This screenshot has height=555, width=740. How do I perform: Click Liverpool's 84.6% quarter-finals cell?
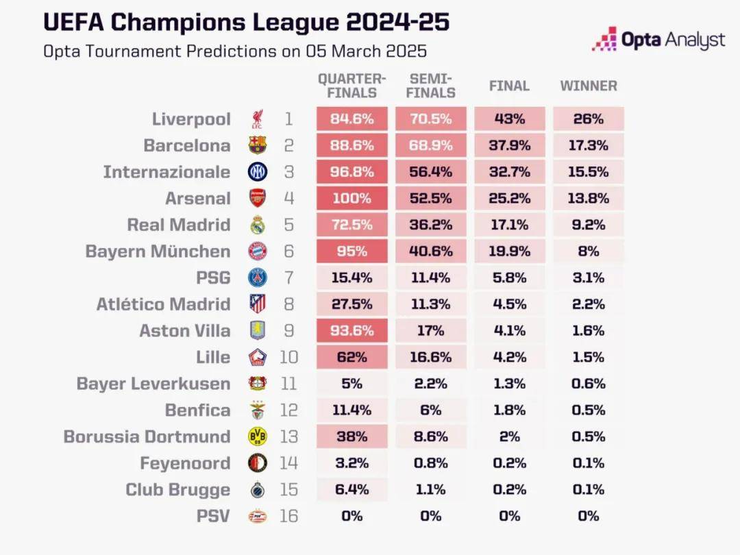352,119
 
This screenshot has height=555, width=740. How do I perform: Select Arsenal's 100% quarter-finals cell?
352,199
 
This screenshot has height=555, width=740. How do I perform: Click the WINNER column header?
589,86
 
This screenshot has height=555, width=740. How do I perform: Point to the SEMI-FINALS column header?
430,86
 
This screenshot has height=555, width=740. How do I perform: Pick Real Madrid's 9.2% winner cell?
589,225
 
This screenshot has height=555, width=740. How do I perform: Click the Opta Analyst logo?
658,40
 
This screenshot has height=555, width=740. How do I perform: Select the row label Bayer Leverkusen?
153,384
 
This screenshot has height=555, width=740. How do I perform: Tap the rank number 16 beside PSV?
289,516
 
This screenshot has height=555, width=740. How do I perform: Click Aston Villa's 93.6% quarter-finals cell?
352,331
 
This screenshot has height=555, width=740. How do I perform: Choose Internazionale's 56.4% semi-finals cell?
430,172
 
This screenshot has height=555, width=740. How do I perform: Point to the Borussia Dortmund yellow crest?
258,436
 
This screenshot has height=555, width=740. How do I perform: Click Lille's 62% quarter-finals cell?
352,357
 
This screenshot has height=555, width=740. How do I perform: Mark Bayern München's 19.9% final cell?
510,251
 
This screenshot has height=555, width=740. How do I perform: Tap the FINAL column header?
509,86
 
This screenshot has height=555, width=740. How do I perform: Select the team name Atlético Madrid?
163,304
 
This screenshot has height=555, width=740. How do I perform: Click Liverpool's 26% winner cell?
589,119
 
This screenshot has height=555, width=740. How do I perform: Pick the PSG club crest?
258,277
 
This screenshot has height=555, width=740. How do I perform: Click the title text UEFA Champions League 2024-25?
246,22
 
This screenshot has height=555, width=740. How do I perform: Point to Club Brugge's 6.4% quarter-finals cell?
352,490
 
